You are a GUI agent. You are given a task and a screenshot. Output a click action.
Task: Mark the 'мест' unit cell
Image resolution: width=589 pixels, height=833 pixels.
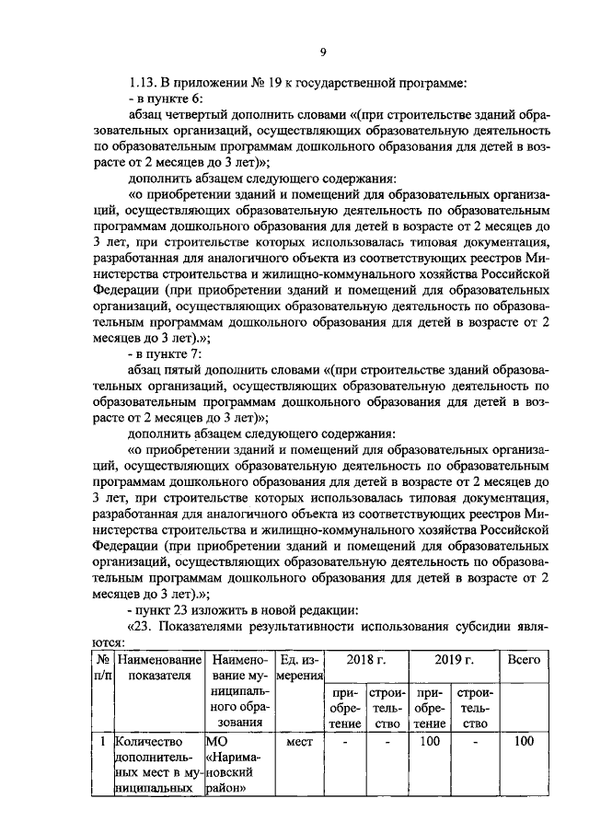click(x=299, y=742)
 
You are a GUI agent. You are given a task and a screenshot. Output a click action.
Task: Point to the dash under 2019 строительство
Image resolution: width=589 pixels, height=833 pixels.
click(x=474, y=742)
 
